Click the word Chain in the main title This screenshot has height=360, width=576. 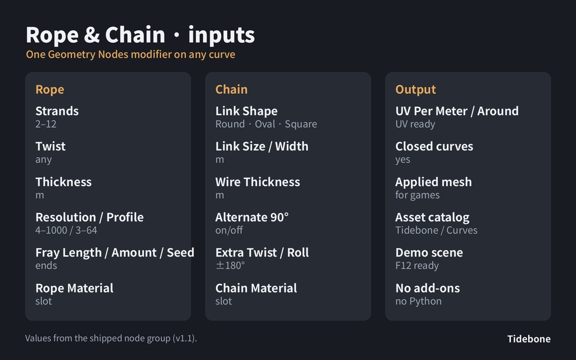point(135,35)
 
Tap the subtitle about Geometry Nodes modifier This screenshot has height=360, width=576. point(130,55)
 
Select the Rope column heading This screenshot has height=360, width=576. point(49,89)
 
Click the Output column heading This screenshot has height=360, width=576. point(416,89)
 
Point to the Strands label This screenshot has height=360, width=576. point(57,111)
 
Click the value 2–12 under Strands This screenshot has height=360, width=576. point(46,124)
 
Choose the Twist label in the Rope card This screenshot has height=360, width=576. point(50,146)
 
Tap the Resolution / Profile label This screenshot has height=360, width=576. point(89,217)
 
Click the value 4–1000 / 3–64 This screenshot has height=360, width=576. point(66,230)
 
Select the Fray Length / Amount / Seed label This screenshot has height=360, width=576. point(115,253)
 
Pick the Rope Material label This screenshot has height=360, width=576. point(74,288)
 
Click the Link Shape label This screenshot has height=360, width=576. point(246,111)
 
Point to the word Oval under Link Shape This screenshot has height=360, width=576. point(265,124)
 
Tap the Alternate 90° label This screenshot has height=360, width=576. point(252,217)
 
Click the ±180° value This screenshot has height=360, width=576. point(230,265)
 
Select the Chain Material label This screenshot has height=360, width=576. point(256,288)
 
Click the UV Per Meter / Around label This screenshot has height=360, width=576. point(457,111)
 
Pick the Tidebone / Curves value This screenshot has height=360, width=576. point(436,230)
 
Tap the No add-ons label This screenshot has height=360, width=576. point(427,288)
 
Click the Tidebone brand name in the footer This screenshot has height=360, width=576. point(529,339)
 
